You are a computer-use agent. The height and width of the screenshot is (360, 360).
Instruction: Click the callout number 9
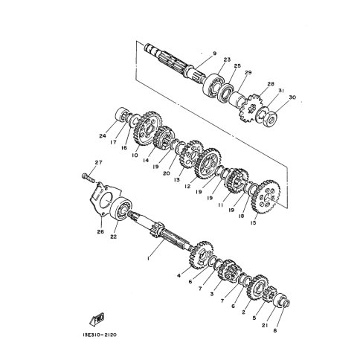pyautogui.click(x=214, y=54)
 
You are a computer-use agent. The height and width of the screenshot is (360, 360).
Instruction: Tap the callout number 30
pyautogui.click(x=292, y=97)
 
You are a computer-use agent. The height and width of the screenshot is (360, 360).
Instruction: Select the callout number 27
pyautogui.click(x=99, y=163)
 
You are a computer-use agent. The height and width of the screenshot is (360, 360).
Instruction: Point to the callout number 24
pyautogui.click(x=103, y=136)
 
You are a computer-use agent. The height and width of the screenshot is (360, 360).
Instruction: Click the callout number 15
pyautogui.click(x=253, y=223)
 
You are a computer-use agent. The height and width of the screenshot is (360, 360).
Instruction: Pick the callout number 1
pyautogui.click(x=148, y=259)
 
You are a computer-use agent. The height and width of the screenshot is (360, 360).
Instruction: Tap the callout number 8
pyautogui.click(x=274, y=330)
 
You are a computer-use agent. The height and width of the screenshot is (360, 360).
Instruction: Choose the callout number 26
pyautogui.click(x=100, y=232)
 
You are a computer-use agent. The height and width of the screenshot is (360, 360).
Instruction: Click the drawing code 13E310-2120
pyautogui.click(x=100, y=335)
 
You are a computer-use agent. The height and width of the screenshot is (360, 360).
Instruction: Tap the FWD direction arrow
pyautogui.click(x=97, y=319)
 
